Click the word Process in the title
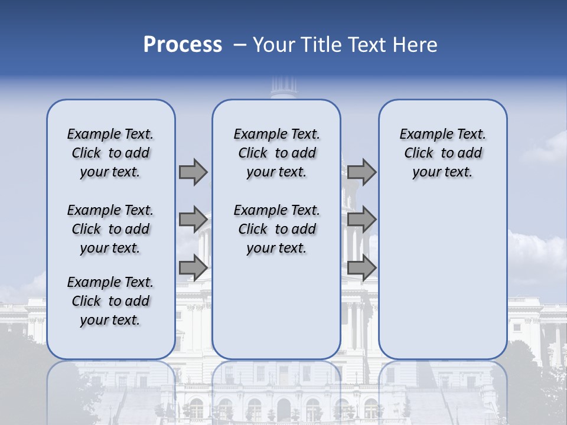183,45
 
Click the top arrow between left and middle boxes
193,172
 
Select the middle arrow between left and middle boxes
193,220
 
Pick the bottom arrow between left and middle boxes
193,267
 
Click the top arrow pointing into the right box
361,172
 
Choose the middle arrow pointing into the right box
361,220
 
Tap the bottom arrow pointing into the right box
361,267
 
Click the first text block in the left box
110,153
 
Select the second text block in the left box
110,229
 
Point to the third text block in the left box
110,301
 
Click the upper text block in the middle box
276,153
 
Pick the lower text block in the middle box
276,229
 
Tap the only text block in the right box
442,153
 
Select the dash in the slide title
240,45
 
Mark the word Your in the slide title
272,45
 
